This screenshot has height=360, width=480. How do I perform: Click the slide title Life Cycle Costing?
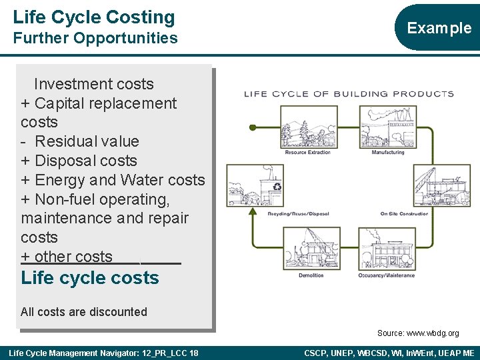pyautogui.click(x=93, y=17)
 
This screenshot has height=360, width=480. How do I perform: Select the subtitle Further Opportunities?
pyautogui.click(x=95, y=38)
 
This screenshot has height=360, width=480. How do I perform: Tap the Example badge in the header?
pyautogui.click(x=439, y=27)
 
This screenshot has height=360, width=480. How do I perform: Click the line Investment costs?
pyautogui.click(x=93, y=84)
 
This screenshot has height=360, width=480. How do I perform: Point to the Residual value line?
pyautogui.click(x=87, y=141)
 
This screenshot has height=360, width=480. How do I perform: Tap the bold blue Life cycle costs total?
pyautogui.click(x=90, y=278)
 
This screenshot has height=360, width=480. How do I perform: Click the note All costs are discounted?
pyautogui.click(x=84, y=312)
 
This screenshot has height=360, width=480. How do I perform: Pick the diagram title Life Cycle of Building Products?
pyautogui.click(x=349, y=93)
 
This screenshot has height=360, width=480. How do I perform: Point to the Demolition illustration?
pyautogui.click(x=311, y=249)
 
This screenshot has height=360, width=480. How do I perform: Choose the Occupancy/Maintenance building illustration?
pyautogui.click(x=386, y=249)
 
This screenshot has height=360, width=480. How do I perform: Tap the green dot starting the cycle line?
pyautogui.click(x=252, y=127)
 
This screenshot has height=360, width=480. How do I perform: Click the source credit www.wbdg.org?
pyautogui.click(x=418, y=333)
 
